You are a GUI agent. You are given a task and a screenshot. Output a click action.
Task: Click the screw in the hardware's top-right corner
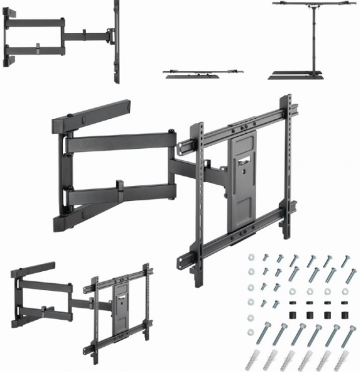pos(347,260)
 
